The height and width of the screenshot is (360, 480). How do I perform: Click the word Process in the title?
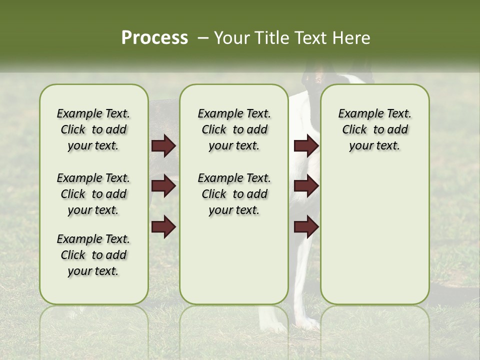coord(154,38)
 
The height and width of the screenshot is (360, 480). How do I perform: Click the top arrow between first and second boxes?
coord(163,146)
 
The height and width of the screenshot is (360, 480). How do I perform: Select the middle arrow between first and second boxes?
coord(163,186)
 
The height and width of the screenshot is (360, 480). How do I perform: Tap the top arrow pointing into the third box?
coord(306,146)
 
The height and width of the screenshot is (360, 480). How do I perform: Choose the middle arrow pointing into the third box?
coord(306,186)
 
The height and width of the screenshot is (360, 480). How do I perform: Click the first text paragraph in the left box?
coord(93,129)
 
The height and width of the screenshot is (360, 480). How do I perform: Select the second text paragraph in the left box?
coord(93,194)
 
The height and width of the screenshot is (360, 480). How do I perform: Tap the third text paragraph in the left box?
coord(93,255)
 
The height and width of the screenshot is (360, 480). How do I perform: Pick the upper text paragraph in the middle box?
coord(234,129)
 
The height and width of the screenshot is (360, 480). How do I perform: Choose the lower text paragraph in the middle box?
coord(234,194)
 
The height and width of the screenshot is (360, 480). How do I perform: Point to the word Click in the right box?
coord(354,129)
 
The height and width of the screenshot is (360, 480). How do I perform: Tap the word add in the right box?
coord(398,129)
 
